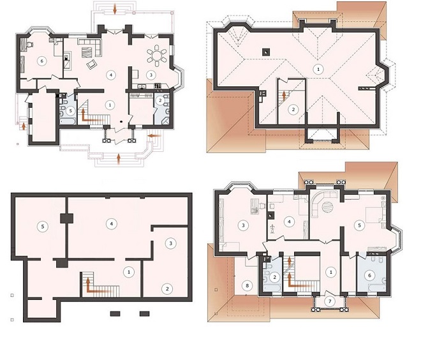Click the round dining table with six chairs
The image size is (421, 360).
157,56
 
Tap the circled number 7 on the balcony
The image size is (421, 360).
330,302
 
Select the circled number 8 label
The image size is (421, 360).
247,285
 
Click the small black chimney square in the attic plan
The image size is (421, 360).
265,52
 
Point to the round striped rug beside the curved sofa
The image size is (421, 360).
328,207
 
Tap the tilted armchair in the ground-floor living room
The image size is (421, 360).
92,64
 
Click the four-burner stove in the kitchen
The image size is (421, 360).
158,86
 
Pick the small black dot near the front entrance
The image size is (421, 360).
121,122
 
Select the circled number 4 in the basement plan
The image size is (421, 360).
111,223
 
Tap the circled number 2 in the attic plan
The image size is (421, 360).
293,109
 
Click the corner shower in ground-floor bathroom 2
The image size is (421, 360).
165,120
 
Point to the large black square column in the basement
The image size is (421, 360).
66,218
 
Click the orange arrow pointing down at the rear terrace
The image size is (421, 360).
115,8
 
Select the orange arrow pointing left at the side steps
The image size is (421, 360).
154,136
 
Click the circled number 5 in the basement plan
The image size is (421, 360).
43,226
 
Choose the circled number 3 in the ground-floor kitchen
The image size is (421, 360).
151,75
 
